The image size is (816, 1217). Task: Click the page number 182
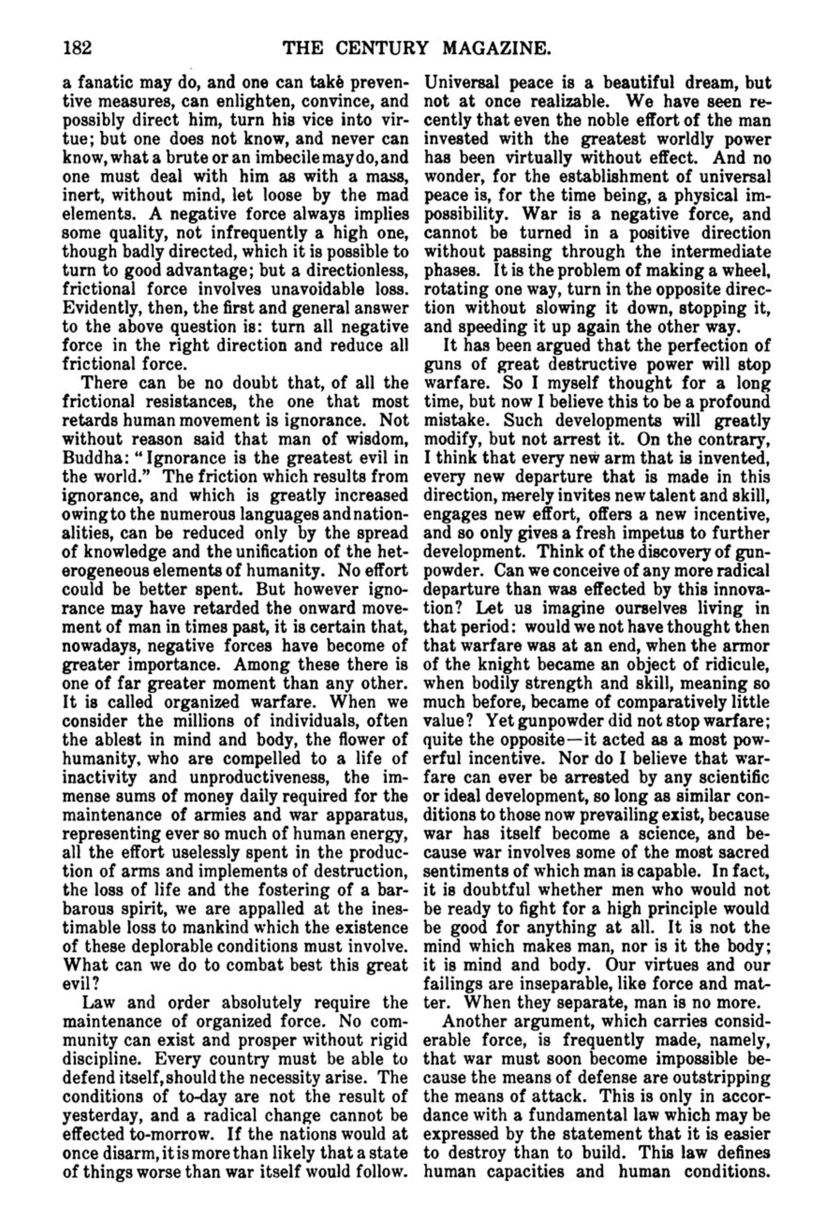coord(77,49)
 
